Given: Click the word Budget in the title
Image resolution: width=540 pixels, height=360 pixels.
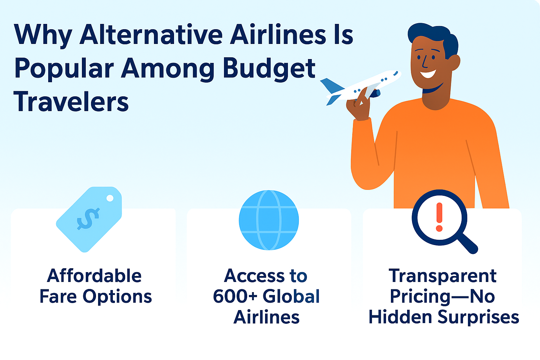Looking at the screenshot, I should point(269,69).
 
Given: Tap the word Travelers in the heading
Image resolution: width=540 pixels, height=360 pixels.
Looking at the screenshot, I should point(71,102).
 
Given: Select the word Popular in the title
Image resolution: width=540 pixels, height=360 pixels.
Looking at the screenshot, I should point(64,69).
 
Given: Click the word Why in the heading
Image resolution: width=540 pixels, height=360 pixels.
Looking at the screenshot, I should point(43,35).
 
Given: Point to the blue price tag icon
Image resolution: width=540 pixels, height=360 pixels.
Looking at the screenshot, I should point(89,219).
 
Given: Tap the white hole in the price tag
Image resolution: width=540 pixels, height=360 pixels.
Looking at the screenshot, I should point(110,198).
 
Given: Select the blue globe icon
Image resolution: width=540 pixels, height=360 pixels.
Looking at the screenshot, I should point(269,220).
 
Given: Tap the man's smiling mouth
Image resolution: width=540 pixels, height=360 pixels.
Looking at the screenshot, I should point(428,74).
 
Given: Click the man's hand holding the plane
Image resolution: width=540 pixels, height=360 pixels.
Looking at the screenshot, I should point(359,105).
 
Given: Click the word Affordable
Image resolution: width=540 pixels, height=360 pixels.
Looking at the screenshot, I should point(94,276).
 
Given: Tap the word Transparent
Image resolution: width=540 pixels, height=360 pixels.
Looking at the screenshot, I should point(443,276).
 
